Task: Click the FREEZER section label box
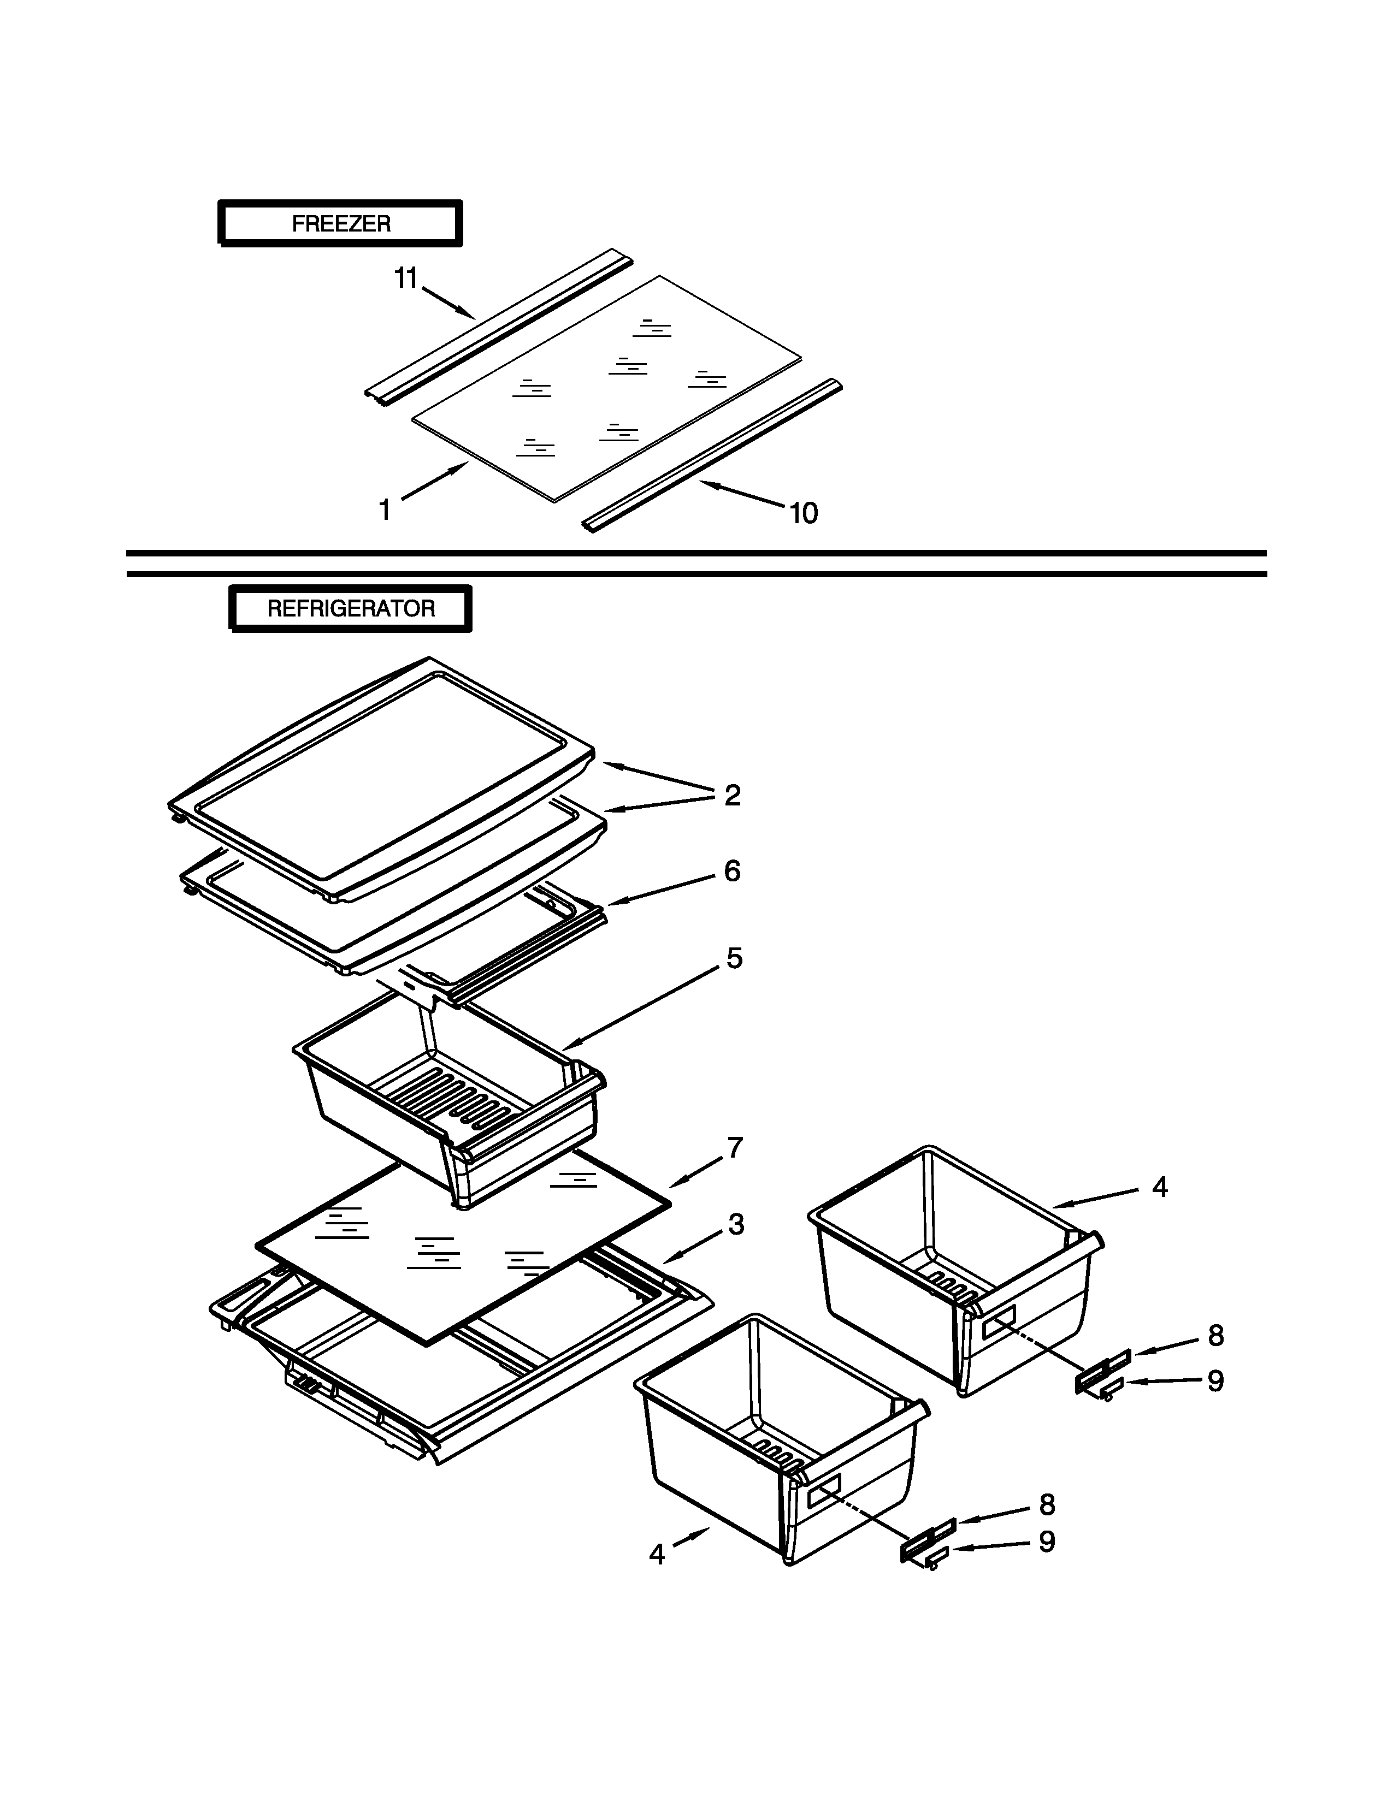point(340,223)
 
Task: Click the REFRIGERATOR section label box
point(351,609)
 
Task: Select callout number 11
point(405,279)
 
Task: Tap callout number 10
point(803,513)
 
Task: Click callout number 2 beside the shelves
point(732,796)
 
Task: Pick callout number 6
point(732,872)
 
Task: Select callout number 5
point(734,958)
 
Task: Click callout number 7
point(734,1148)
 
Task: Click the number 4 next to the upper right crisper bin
point(1159,1187)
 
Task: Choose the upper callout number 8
point(1215,1336)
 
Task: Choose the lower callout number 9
point(1047,1542)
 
